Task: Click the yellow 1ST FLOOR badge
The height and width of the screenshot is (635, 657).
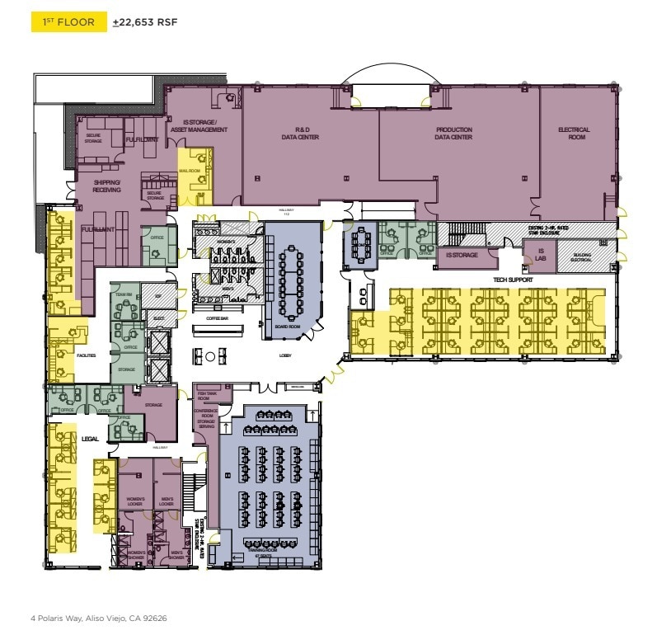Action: pos(69,22)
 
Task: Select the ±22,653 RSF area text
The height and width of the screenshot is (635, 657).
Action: pos(144,23)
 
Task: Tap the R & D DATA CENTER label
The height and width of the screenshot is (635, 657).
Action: pos(307,134)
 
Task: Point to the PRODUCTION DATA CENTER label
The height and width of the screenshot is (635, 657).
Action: pos(453,134)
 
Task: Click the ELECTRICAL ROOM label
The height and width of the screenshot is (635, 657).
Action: pos(574,134)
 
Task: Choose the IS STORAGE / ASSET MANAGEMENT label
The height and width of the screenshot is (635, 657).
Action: pos(199,126)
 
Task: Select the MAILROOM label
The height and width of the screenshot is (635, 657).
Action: pos(190,171)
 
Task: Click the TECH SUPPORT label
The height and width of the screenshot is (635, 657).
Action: pos(514,280)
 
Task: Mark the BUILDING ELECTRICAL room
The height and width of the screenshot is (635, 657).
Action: pos(582,257)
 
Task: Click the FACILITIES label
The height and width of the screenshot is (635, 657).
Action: pos(87,355)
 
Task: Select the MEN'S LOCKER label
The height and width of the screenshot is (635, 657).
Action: pos(166,501)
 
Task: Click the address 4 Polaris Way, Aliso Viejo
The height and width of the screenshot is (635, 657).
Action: pos(98,617)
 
